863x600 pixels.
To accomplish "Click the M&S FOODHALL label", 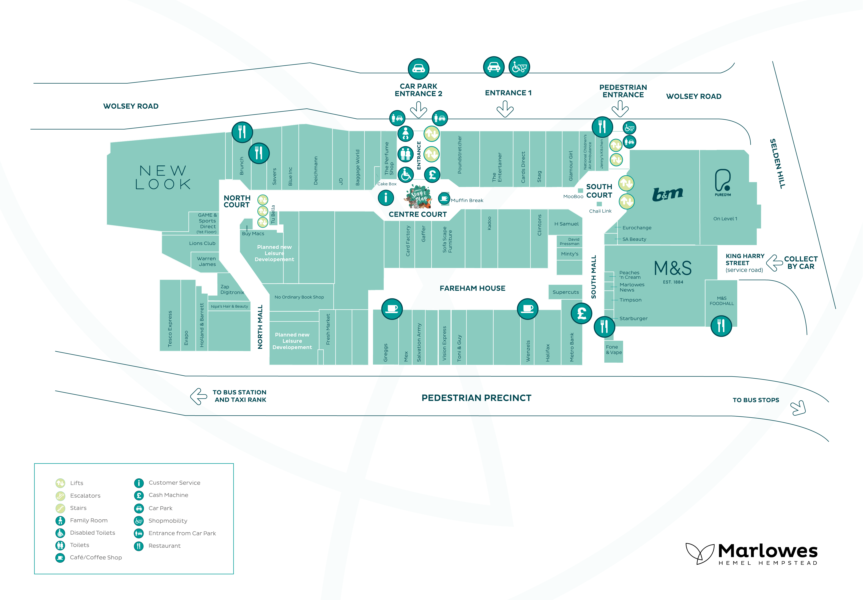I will tap(721, 301).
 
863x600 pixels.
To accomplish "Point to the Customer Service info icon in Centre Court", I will tap(386, 197).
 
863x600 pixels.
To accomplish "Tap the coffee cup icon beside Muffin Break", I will tap(444, 198).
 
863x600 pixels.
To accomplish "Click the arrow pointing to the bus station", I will tap(199, 396).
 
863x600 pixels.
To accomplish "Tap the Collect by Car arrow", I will tap(774, 263).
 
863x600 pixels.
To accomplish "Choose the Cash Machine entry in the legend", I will tap(168, 495).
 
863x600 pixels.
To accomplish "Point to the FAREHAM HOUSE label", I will tap(472, 288).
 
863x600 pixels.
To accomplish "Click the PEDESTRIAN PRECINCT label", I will tap(476, 398).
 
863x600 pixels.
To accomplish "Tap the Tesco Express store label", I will tap(170, 329).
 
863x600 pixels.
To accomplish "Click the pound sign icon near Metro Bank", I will tap(581, 313).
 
